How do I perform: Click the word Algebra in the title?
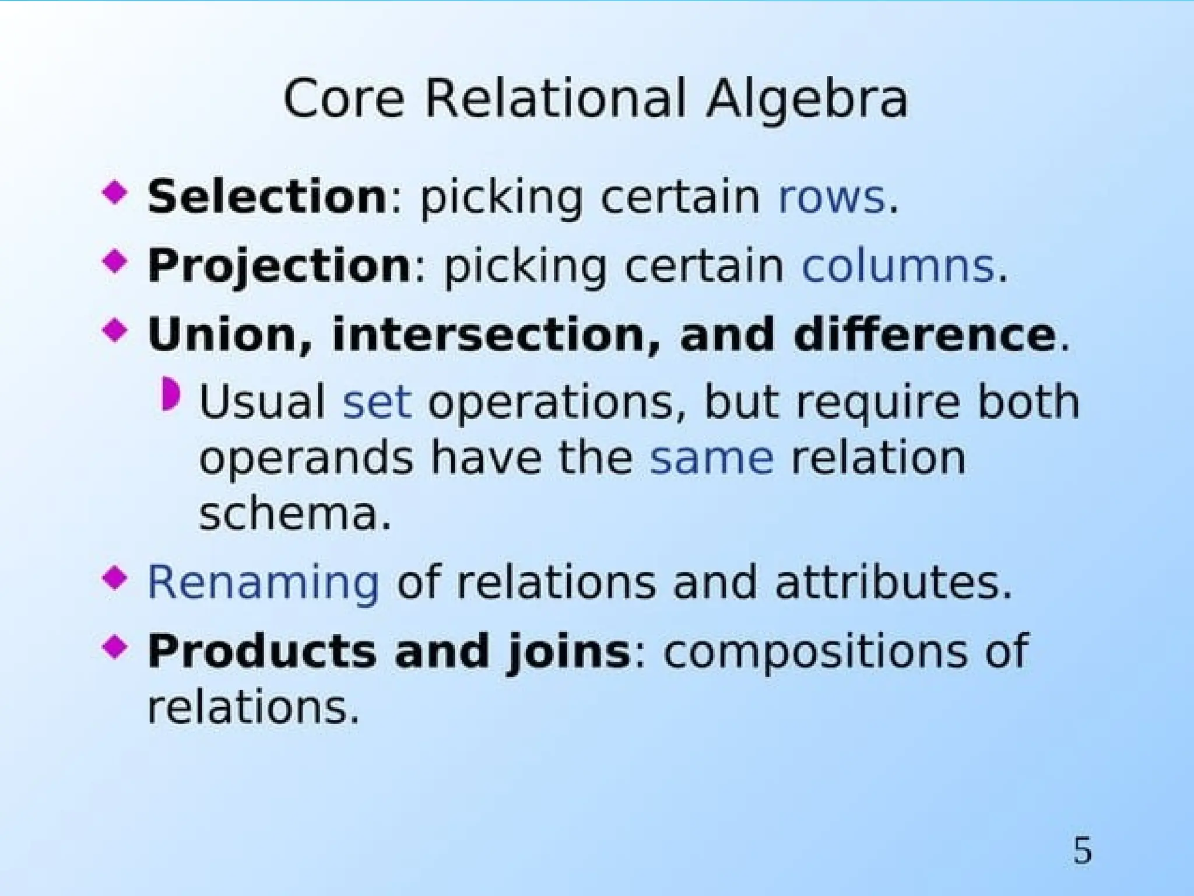[x=807, y=99]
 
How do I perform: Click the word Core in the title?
[x=344, y=99]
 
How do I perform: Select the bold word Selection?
[x=267, y=197]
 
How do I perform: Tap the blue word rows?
[x=831, y=197]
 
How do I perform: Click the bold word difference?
[x=925, y=335]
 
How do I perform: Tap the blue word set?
[x=377, y=402]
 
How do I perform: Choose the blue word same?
[x=712, y=459]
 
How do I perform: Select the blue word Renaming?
[x=264, y=582]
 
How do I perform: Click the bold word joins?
[x=568, y=651]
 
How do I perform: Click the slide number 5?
[x=1082, y=851]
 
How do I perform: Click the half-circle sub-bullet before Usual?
[x=171, y=394]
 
